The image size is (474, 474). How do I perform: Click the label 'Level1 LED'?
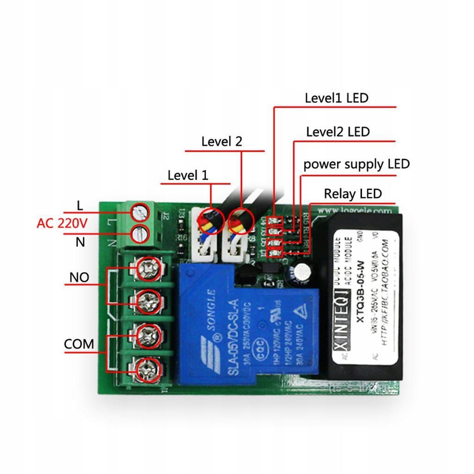(x=336, y=98)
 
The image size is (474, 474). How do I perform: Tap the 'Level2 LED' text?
(x=338, y=132)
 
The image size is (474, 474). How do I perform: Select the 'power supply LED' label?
(x=356, y=164)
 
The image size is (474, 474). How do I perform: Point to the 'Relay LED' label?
(x=353, y=193)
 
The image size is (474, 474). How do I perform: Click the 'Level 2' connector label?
(x=221, y=142)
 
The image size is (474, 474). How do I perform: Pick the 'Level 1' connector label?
(x=188, y=175)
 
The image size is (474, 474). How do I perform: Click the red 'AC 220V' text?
(x=62, y=224)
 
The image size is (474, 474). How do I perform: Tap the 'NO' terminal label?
(x=79, y=278)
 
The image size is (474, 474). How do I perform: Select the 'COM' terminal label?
(x=79, y=344)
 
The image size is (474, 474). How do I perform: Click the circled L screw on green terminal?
(x=140, y=212)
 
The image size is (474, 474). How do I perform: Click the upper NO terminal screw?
(x=150, y=268)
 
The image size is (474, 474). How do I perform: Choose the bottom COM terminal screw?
(x=149, y=368)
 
